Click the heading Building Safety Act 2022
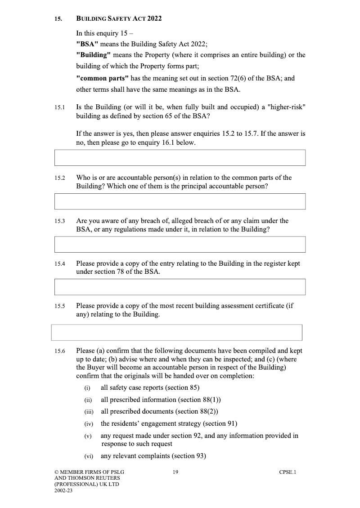[119, 19]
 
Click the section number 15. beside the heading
[58, 19]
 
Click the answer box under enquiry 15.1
[180, 158]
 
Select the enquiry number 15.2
[60, 178]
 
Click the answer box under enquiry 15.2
[180, 201]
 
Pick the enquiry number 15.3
[60, 221]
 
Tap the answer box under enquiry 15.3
[180, 245]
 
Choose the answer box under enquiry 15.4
[180, 287]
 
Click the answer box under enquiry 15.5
[176, 332]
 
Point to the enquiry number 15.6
[60, 351]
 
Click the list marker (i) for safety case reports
[87, 388]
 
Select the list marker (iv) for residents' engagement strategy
[88, 424]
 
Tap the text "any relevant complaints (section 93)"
[153, 456]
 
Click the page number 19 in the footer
[175, 472]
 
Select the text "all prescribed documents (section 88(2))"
[159, 411]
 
